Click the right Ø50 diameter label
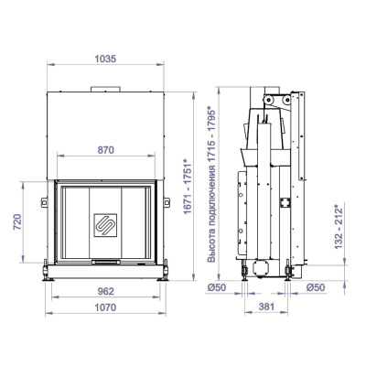pos(315,288)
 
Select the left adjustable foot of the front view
pos(45,269)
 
